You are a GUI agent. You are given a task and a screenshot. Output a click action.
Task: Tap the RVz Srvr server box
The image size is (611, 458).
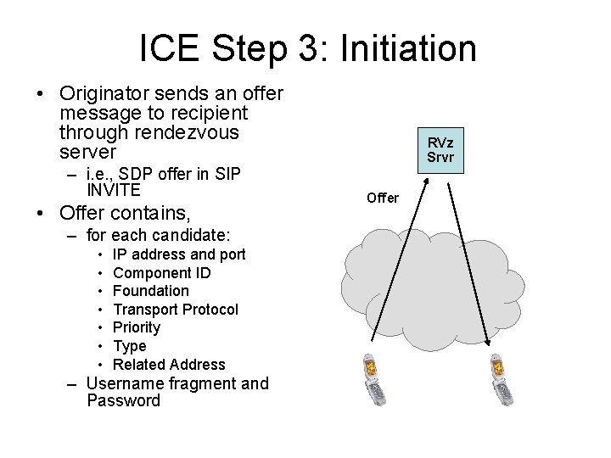[440, 150]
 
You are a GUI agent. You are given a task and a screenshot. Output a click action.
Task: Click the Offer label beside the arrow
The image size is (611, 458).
[382, 198]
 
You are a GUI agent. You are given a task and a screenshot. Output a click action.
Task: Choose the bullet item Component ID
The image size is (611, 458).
[161, 272]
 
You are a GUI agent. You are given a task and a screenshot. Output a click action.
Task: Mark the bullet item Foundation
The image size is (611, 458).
[150, 291]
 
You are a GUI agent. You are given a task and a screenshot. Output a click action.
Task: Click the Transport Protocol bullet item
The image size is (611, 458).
[175, 310]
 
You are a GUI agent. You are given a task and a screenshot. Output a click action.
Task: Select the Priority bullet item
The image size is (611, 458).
[136, 327]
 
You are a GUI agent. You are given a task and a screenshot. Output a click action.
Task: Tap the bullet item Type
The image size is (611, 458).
[129, 346]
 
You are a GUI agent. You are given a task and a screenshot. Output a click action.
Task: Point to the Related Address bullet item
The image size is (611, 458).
[169, 365]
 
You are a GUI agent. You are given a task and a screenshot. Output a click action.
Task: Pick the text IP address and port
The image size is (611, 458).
[179, 254]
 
